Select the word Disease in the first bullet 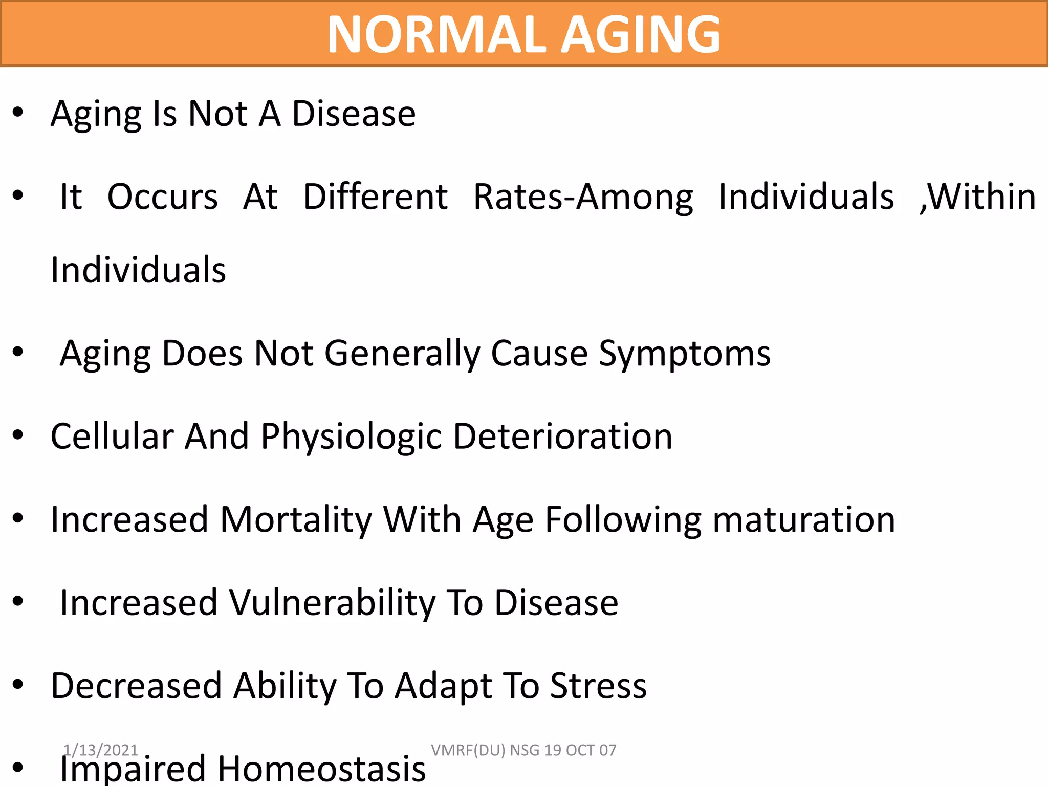tap(354, 114)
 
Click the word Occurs tap(162, 197)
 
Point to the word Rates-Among tap(583, 197)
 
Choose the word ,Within tap(978, 197)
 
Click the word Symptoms tap(684, 354)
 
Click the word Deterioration tap(562, 437)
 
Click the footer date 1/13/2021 tap(101, 750)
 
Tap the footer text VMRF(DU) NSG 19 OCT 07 tap(523, 750)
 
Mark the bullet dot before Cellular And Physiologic tap(18, 435)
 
